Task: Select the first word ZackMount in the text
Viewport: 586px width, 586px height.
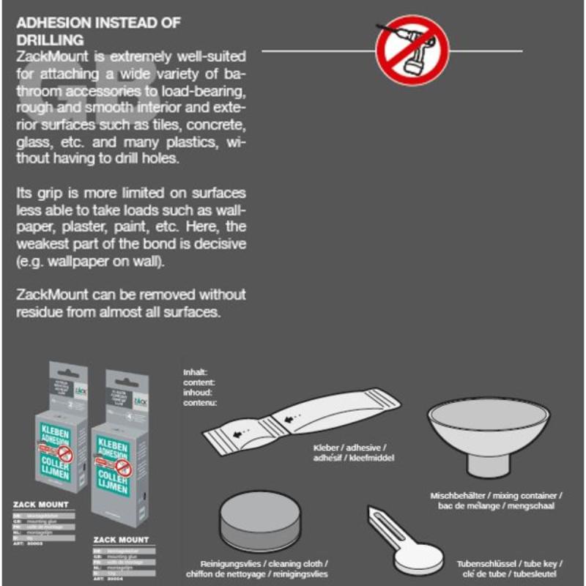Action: pos(50,56)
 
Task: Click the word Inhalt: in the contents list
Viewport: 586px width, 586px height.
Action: pos(195,372)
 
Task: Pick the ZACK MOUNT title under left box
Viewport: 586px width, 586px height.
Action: pos(41,505)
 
